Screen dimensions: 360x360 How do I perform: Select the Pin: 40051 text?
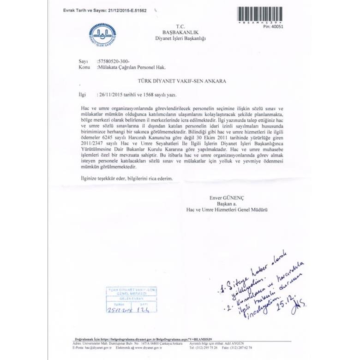[273, 27]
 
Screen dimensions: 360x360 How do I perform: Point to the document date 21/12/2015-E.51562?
[125, 10]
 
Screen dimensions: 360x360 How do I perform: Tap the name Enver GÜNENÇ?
[227, 198]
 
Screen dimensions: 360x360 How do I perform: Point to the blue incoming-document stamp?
[127, 299]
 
